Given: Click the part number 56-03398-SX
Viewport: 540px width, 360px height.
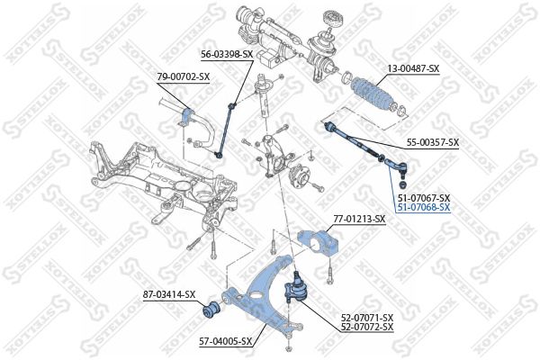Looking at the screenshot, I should [227, 54].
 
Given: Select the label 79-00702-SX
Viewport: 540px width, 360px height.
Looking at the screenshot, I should [184, 76].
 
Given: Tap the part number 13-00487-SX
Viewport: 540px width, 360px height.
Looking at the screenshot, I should [413, 68].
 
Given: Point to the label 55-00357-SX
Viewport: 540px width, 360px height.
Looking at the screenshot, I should [433, 142].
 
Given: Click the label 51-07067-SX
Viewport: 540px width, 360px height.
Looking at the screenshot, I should [424, 197].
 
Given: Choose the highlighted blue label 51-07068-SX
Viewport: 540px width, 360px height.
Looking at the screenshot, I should [424, 207].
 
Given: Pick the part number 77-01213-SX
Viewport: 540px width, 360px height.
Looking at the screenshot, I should [359, 219].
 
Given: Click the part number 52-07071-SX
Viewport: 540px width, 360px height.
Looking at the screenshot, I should [367, 317].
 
